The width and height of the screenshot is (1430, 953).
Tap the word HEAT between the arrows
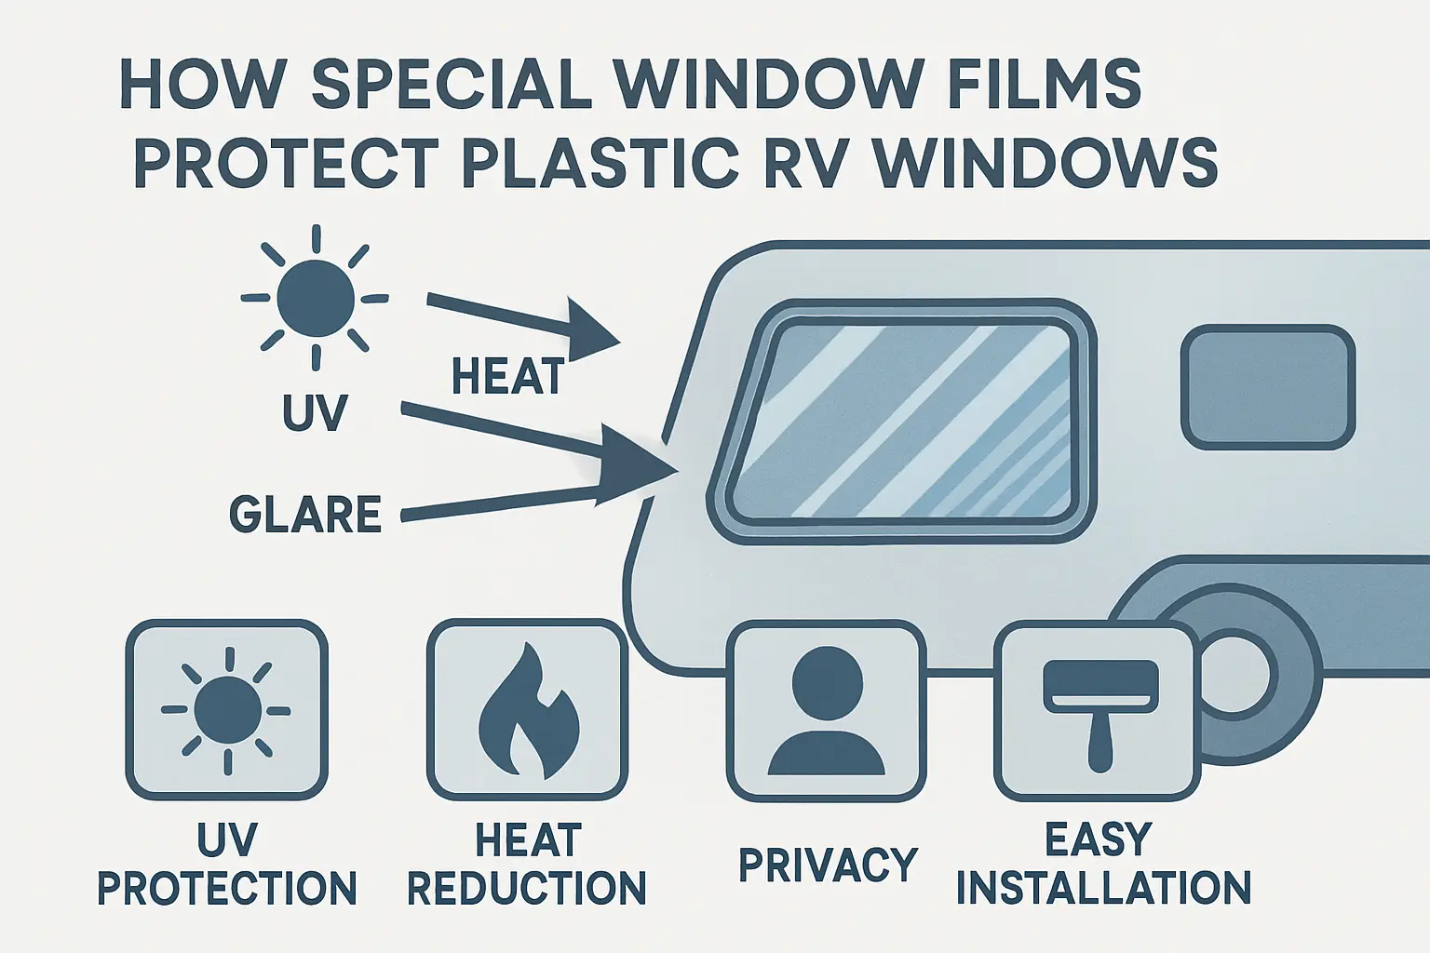click(508, 377)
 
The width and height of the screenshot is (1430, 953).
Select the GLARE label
click(305, 515)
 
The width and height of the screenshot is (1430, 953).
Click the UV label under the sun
click(315, 413)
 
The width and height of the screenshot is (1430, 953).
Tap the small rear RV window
click(1267, 386)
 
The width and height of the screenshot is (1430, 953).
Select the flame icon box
click(527, 711)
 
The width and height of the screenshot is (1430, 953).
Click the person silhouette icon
click(826, 711)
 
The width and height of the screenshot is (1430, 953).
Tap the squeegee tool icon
click(1099, 711)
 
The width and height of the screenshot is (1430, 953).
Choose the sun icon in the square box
click(226, 711)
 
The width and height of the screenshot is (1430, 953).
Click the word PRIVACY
click(828, 865)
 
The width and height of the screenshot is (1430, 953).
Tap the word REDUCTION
click(527, 888)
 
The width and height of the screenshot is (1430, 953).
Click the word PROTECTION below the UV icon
click(227, 888)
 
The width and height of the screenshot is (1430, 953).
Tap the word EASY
click(1099, 839)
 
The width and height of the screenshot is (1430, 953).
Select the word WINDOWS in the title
click(1046, 164)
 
